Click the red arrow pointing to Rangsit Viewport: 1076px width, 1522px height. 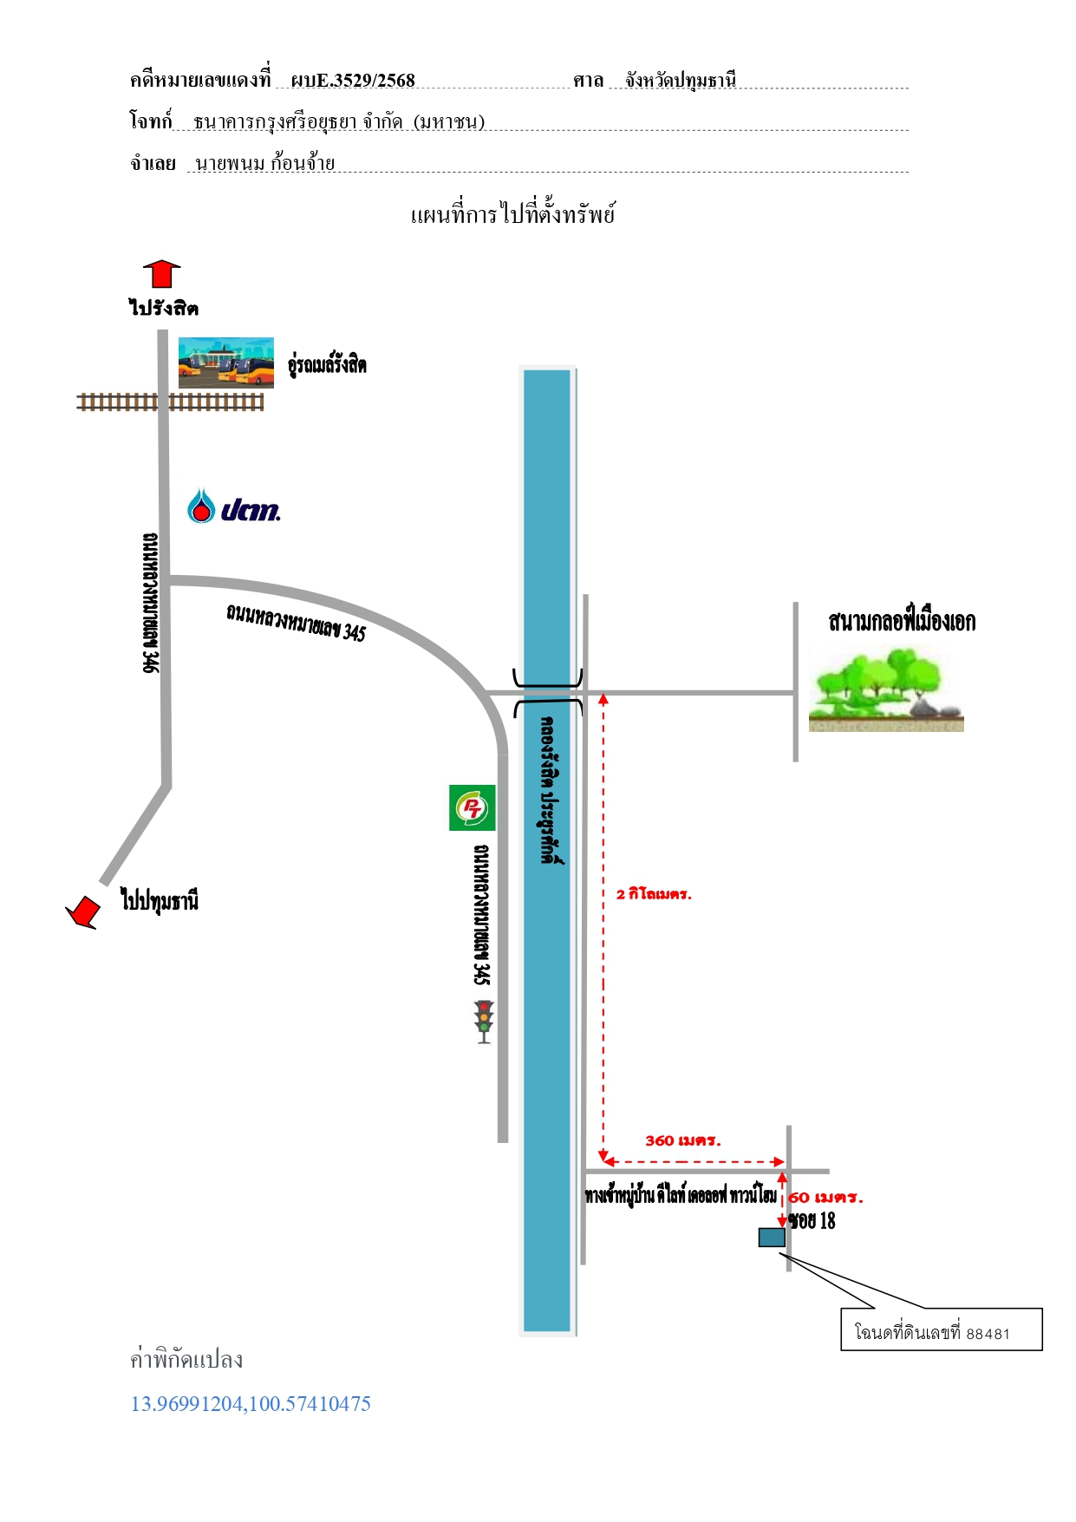pos(162,273)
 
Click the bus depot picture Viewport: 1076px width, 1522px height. pos(226,363)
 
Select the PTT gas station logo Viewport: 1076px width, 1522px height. pos(234,506)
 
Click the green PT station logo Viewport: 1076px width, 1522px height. pos(472,807)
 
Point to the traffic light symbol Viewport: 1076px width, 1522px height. pos(484,1022)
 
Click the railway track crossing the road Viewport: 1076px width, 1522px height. pos(171,402)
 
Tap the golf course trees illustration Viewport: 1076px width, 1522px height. pos(886,690)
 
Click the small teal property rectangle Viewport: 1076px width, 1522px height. pos(772,1238)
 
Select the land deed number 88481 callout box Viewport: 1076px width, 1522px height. pos(942,1329)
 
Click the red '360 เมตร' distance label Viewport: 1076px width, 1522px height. pos(683,1140)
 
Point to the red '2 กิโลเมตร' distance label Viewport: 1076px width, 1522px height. pos(654,894)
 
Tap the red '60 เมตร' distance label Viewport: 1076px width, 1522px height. pos(826,1198)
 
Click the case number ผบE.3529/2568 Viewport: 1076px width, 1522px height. pos(353,81)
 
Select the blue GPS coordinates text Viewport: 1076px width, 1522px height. pos(251,1404)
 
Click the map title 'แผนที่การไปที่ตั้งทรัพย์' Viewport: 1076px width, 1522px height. pos(513,214)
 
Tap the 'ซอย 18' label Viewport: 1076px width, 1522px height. pos(812,1221)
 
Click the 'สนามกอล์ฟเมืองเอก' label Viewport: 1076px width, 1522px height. pos(902,621)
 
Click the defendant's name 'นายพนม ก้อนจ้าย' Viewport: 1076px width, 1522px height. pos(265,162)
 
